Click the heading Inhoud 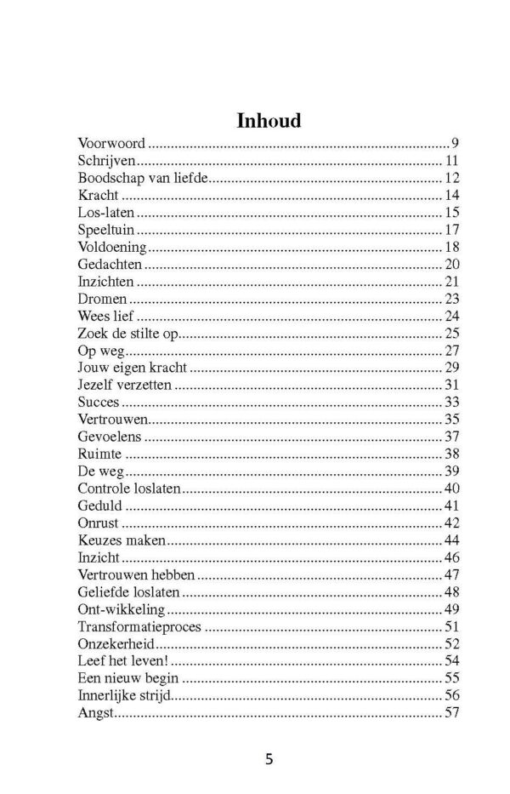[x=269, y=121]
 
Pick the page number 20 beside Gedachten [x=451, y=265]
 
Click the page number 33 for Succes [x=451, y=403]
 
